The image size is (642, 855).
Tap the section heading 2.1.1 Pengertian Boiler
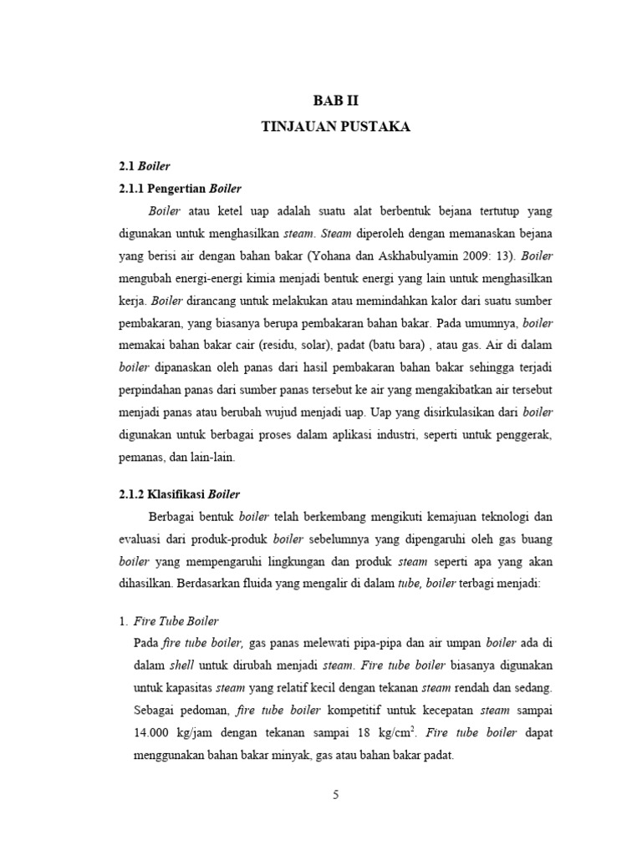[x=180, y=188]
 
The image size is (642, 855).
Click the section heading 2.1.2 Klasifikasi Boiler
[x=179, y=494]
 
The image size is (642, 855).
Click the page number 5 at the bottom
[x=335, y=795]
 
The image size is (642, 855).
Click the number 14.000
[x=155, y=734]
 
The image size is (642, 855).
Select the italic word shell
[x=181, y=665]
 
